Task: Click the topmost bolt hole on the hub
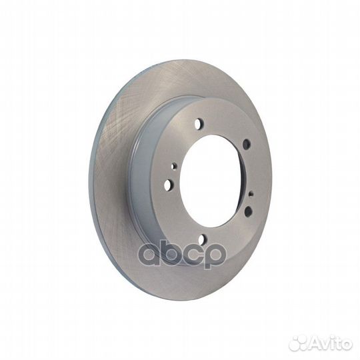(x=199, y=124)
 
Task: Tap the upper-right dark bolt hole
(x=247, y=144)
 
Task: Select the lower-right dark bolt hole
(x=249, y=211)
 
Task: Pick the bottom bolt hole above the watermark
(x=203, y=240)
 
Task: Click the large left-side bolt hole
(x=169, y=185)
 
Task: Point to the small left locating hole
(x=175, y=166)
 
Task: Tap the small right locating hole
(x=251, y=194)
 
